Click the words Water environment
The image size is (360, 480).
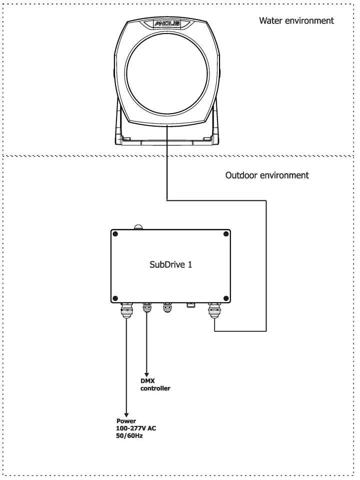pyautogui.click(x=296, y=21)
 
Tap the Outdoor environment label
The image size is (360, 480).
pyautogui.click(x=267, y=176)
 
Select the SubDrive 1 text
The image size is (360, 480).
pyautogui.click(x=171, y=265)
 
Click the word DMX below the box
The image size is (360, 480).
pyautogui.click(x=147, y=381)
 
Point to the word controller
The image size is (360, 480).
pyautogui.click(x=155, y=388)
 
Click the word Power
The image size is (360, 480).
pyautogui.click(x=126, y=421)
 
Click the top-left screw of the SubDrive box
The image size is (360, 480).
pyautogui.click(x=116, y=234)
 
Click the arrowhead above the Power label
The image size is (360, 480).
pyautogui.click(x=126, y=413)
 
